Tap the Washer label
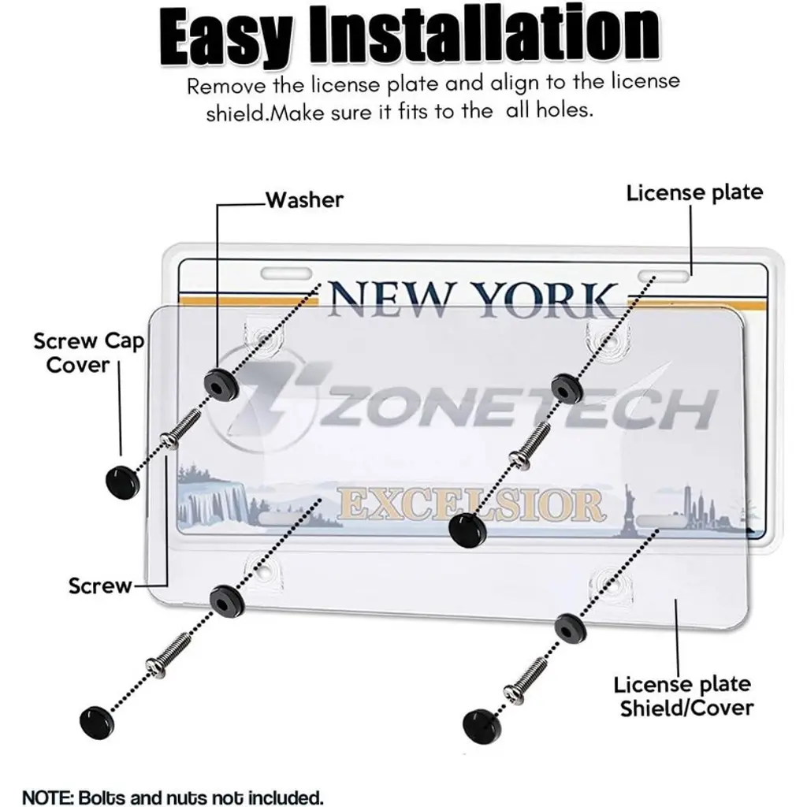[304, 200]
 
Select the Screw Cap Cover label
[88, 353]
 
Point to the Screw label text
[100, 586]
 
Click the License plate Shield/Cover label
[684, 696]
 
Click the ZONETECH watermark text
[515, 408]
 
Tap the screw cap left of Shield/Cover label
[482, 726]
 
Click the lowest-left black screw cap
[97, 723]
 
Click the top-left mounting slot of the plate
[286, 273]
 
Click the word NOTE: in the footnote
[48, 798]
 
